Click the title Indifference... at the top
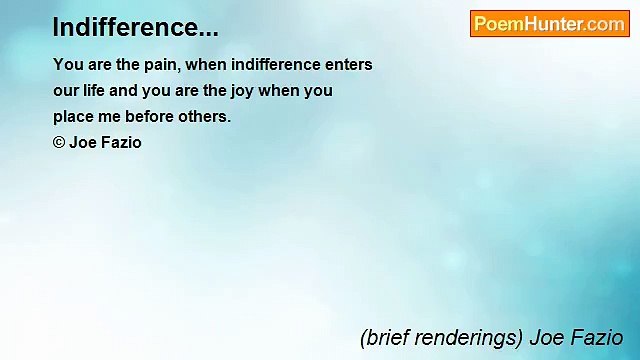(x=135, y=27)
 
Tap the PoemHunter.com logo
(x=549, y=24)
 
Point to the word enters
(x=348, y=65)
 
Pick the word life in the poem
(x=107, y=91)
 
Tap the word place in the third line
(x=74, y=117)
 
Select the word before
(x=149, y=117)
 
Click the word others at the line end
(x=205, y=117)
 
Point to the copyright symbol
(x=59, y=143)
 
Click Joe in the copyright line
(x=83, y=143)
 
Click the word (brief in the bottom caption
(x=382, y=338)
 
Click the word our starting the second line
(x=66, y=91)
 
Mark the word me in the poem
(x=109, y=117)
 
